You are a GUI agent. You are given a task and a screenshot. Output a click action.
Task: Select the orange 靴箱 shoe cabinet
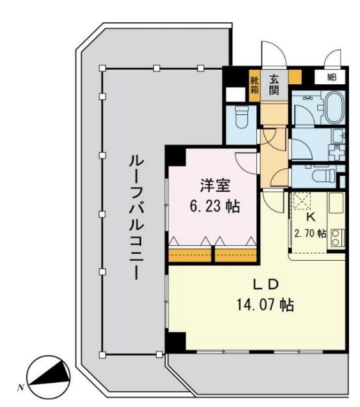[254, 84]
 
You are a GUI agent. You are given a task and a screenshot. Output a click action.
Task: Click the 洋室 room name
[211, 186]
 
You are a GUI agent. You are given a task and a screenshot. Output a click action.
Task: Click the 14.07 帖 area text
[263, 305]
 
